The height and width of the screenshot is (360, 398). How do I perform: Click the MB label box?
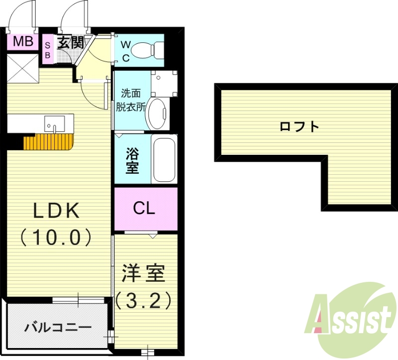pyautogui.click(x=22, y=41)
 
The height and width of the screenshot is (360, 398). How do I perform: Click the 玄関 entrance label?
pyautogui.click(x=70, y=42)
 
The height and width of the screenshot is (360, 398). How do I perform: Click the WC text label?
pyautogui.click(x=126, y=51)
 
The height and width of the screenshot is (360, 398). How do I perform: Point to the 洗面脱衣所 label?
pyautogui.click(x=131, y=99)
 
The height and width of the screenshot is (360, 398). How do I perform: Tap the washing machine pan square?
pyautogui.click(x=164, y=83)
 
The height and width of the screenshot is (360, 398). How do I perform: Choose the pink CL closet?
pyautogui.click(x=145, y=209)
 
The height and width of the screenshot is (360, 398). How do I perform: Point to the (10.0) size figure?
pyautogui.click(x=56, y=237)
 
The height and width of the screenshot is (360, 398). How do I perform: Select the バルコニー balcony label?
pyautogui.click(x=58, y=328)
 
